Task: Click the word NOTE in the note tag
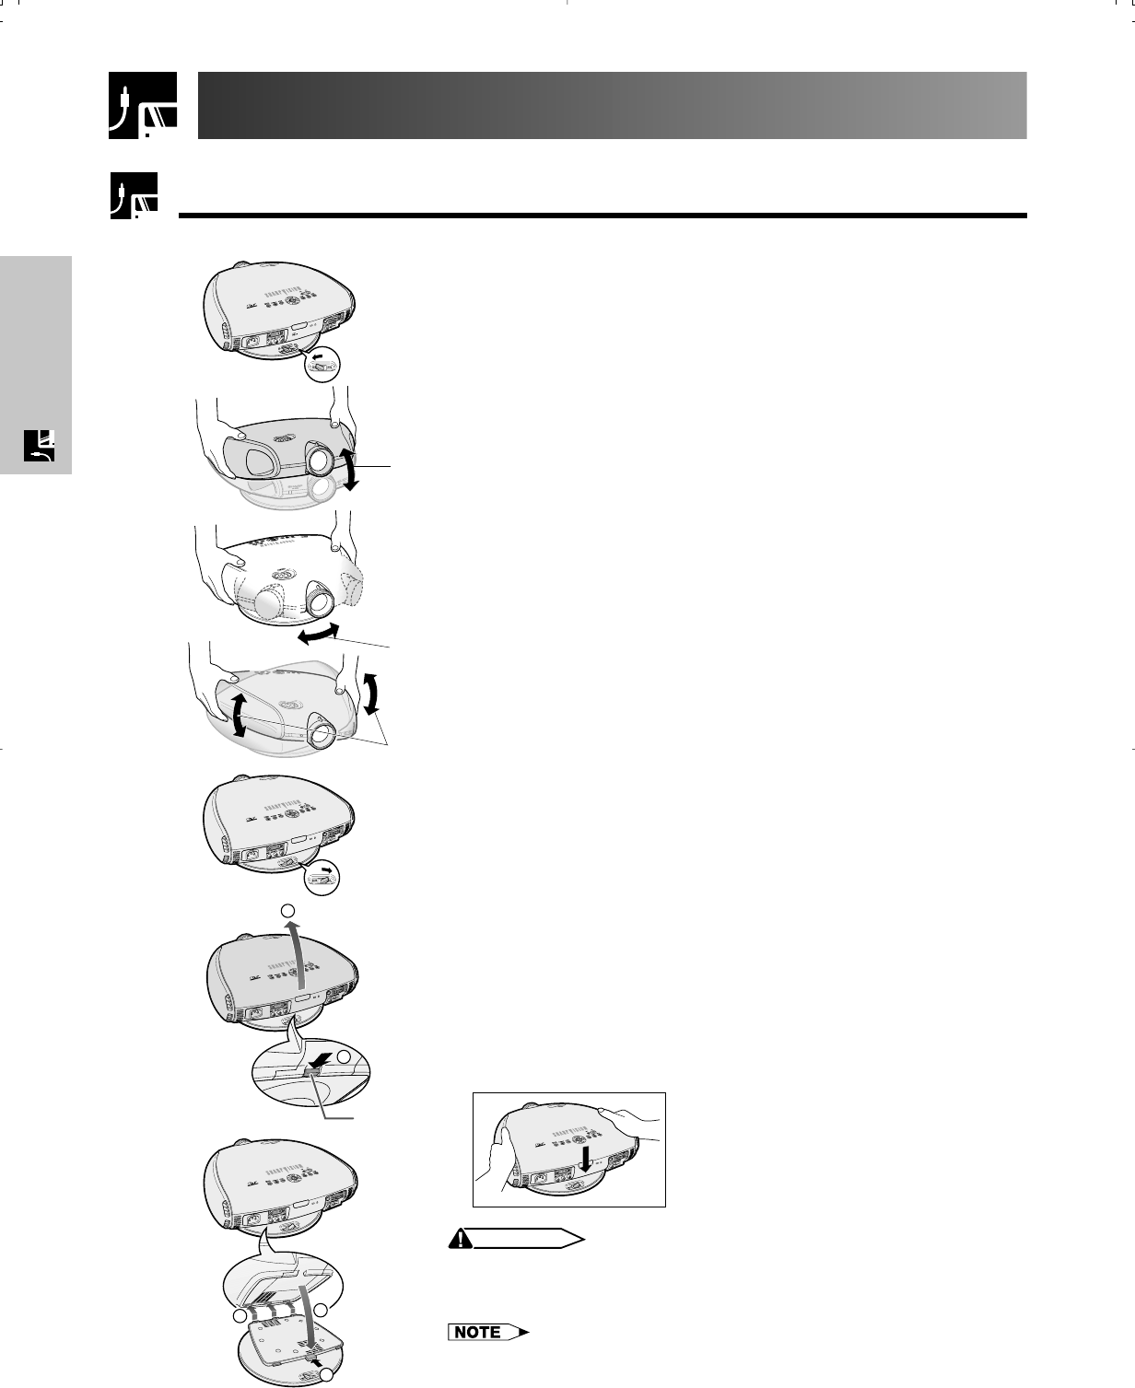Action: pos(477,1332)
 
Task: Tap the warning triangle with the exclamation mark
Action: pos(457,1240)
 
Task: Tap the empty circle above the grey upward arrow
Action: pos(288,910)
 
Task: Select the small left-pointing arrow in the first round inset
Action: pos(318,354)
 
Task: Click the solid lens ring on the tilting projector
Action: pos(322,457)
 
